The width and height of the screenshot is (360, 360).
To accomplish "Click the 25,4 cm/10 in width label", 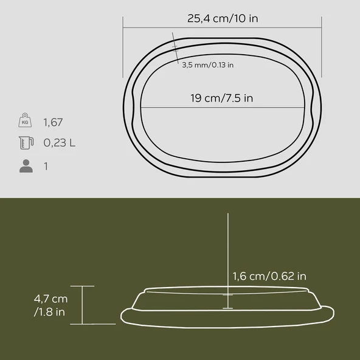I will pos(223,18).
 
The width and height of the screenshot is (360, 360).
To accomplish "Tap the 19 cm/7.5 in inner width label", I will pos(221,98).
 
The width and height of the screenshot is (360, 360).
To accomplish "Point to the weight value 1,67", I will pos(54,122).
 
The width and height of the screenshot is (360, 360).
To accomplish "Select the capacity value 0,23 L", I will pos(60,144).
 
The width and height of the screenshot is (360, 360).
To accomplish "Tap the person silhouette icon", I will pos(26,166).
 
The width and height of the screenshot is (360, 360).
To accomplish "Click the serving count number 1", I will pos(46,166).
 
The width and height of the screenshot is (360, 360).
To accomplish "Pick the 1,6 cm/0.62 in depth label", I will pos(268,276).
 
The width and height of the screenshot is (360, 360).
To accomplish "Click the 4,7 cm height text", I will pos(51,299).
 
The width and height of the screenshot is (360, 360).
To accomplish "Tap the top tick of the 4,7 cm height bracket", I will pos(83,286).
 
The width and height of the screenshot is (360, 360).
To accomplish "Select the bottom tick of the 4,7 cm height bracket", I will pos(83,324).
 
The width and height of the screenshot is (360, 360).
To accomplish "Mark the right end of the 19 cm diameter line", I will pos(302,109).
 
